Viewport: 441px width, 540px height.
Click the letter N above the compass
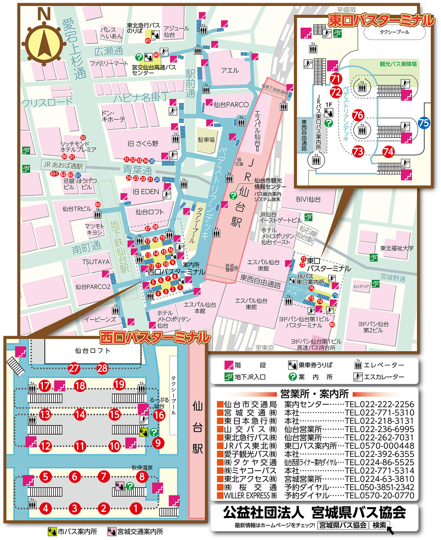pos(44,14)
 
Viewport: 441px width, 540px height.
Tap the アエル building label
pos(230,71)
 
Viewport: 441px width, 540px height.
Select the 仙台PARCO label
pos(231,105)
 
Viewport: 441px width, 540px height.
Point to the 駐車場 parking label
pos(206,139)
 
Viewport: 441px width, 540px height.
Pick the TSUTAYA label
pos(96,262)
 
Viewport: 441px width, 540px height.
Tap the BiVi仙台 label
pos(308,199)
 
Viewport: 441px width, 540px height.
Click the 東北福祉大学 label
pos(397,248)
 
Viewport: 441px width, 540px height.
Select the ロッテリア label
pos(361,287)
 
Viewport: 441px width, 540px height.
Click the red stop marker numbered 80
pos(332,324)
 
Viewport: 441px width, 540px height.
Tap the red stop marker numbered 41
pos(148,41)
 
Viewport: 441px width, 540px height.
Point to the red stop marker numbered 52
pos(83,138)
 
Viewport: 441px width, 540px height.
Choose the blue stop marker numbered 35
pos(152,161)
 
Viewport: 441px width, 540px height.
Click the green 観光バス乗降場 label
pos(398,64)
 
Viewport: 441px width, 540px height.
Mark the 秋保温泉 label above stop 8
pos(142,468)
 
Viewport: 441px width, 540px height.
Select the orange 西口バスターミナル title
pos(155,338)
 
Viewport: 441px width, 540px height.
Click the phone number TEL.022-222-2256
pos(380,404)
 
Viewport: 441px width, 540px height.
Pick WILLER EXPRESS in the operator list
pos(250,495)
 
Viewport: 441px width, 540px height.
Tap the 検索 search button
pos(379,525)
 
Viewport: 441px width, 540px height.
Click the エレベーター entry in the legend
pos(383,365)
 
